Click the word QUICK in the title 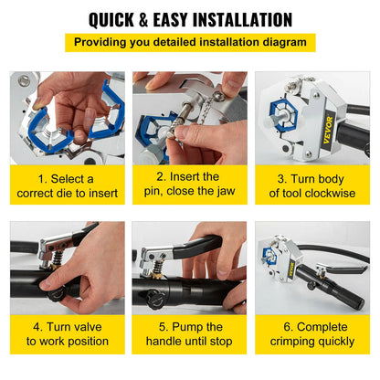[x=121, y=19]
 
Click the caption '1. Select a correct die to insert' [x=67, y=185]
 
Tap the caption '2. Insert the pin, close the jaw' [x=188, y=185]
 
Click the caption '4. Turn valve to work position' [x=67, y=334]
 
